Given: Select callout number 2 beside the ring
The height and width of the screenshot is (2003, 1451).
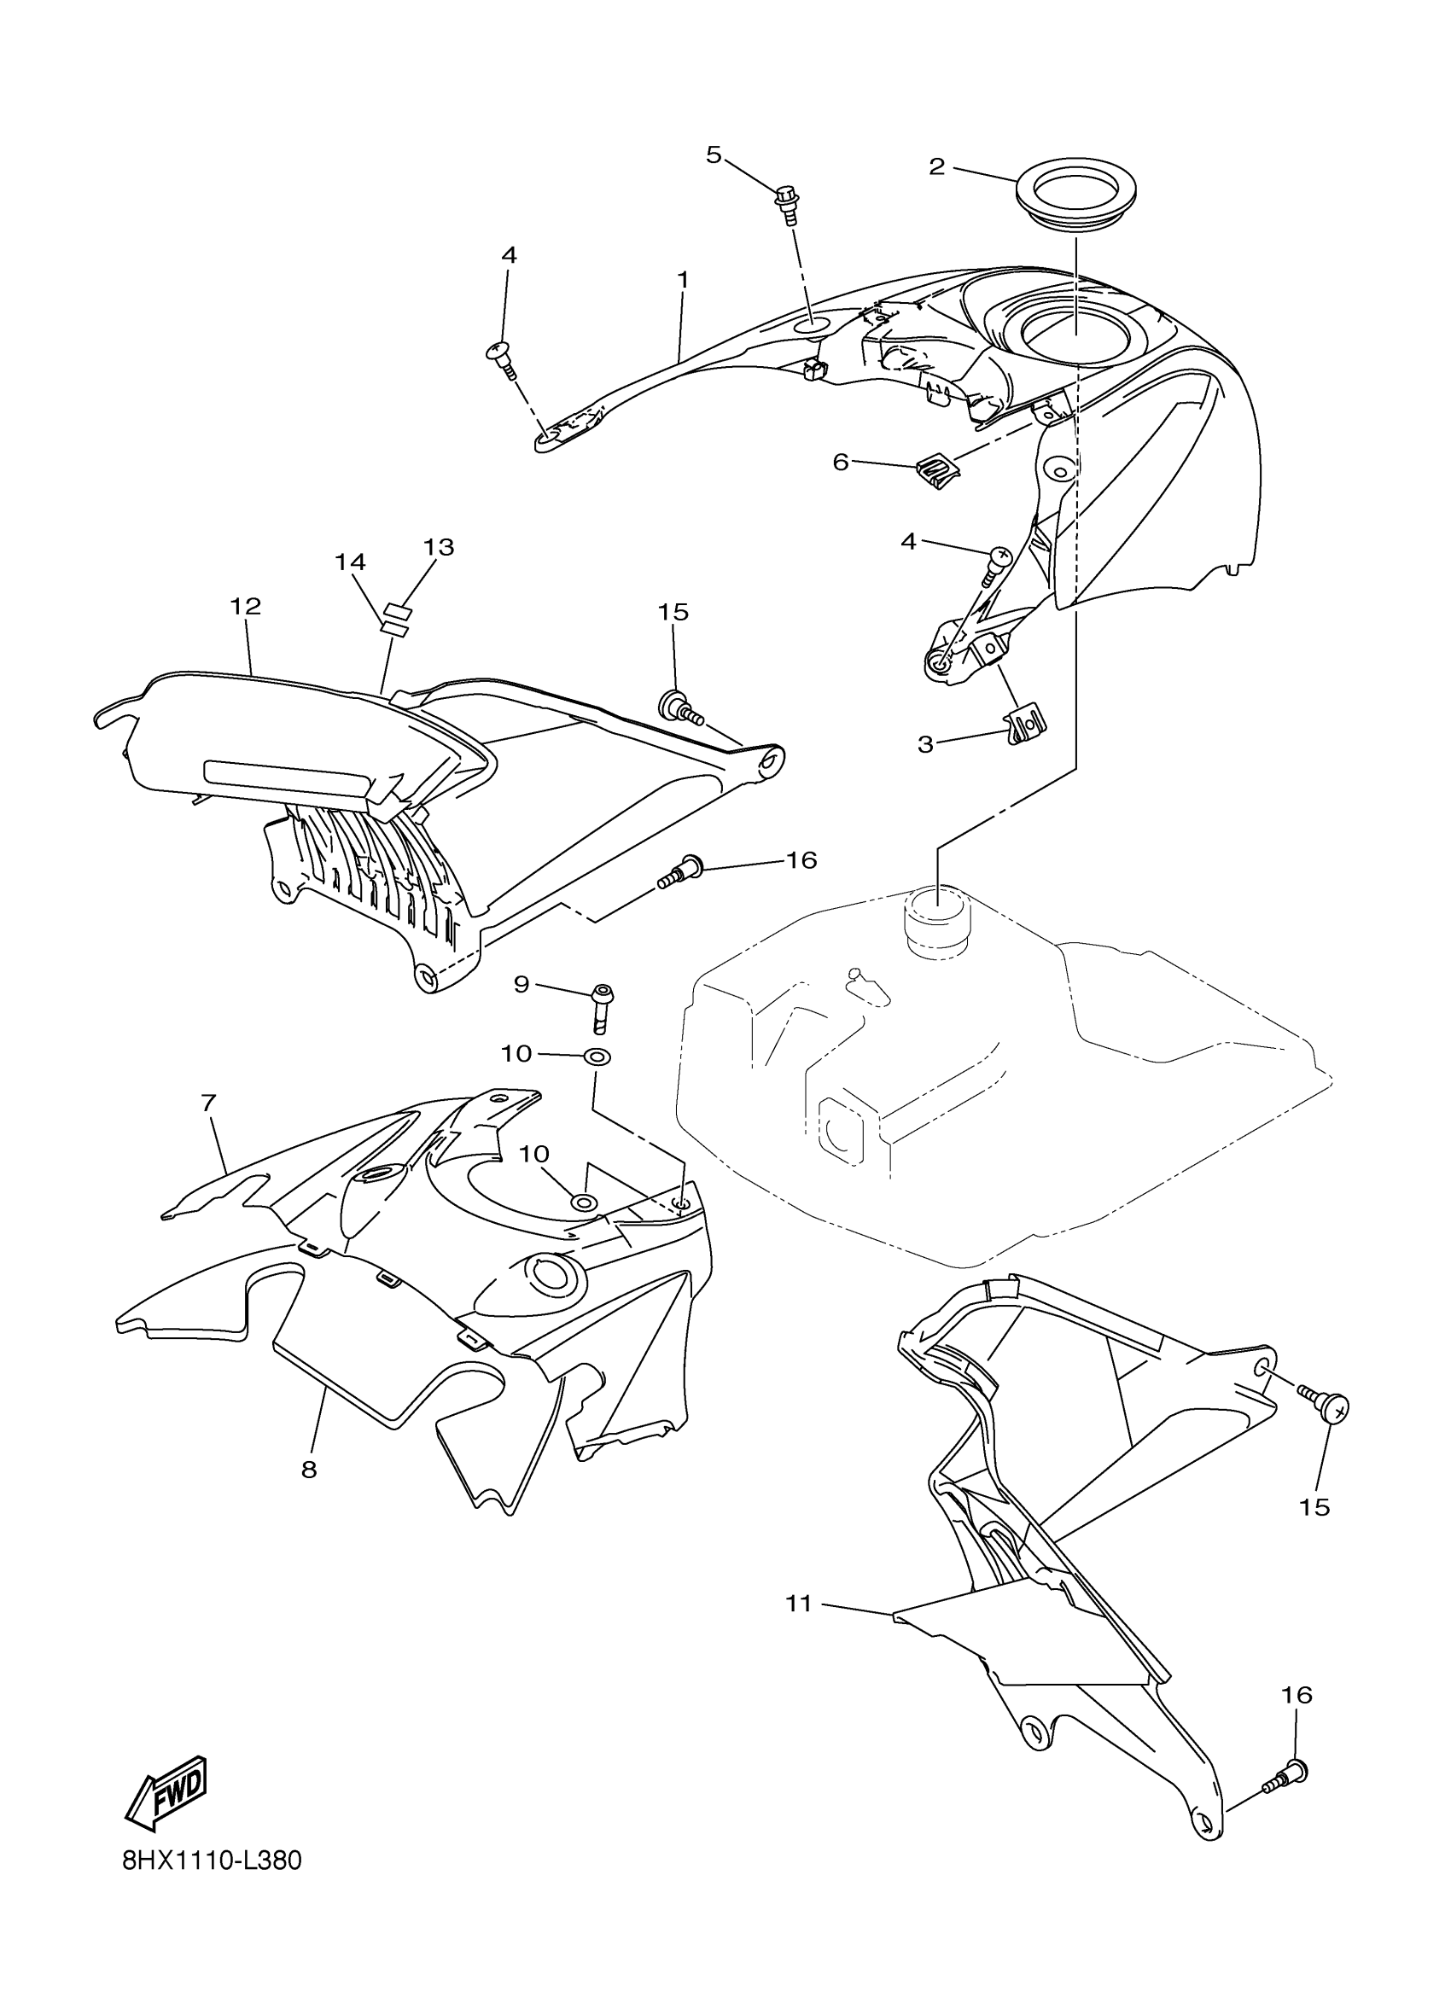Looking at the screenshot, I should tap(937, 166).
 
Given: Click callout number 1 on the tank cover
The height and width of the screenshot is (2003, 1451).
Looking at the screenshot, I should tap(683, 279).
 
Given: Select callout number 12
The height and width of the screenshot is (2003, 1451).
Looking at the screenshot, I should tap(247, 607).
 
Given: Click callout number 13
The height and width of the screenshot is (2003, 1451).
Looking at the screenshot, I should tap(439, 548).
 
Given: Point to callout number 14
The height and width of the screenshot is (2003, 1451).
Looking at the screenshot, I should tap(351, 562).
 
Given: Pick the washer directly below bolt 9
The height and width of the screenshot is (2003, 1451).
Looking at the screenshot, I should tap(597, 1056).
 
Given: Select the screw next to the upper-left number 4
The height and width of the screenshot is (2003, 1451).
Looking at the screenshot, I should tap(502, 357).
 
